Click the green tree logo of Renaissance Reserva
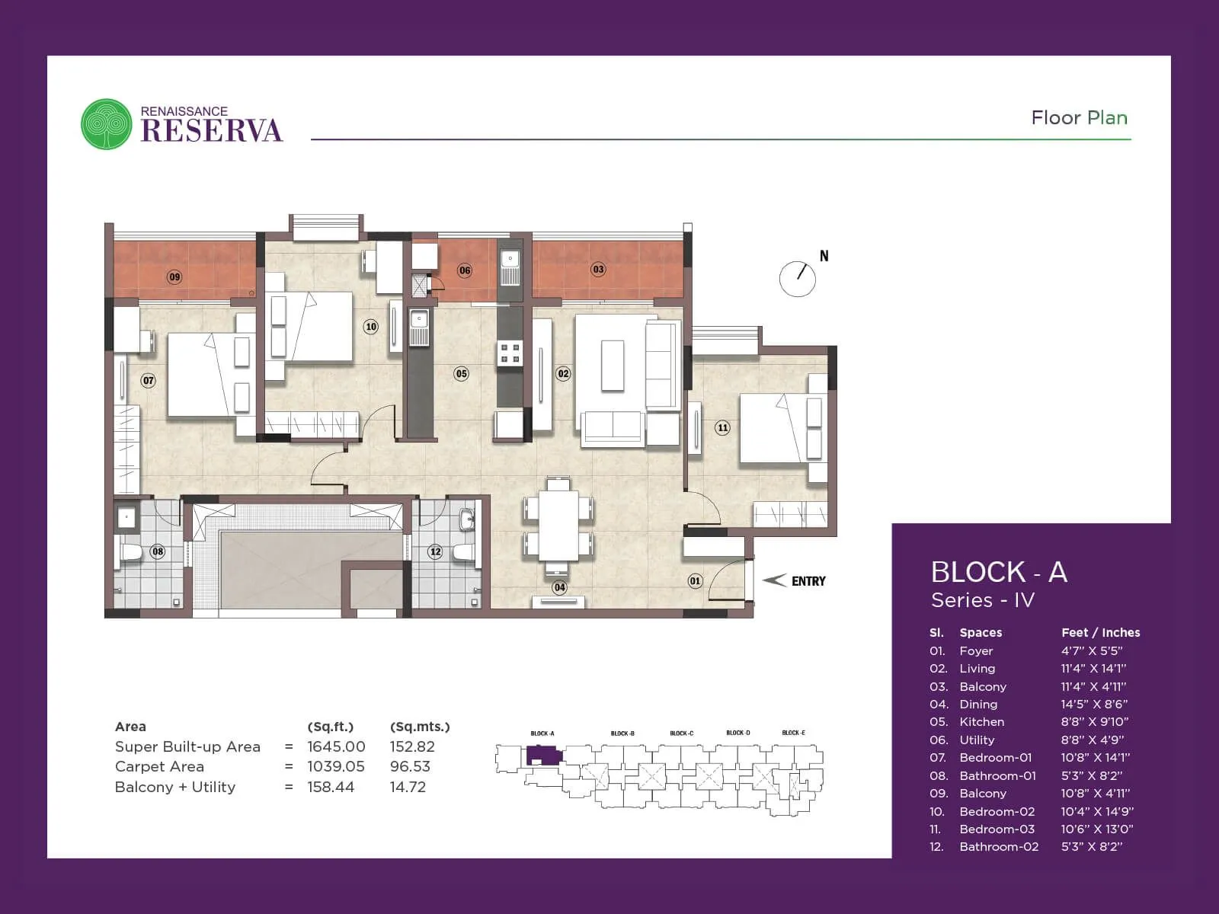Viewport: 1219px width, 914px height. pos(107,124)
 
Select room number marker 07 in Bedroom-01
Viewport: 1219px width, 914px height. pos(149,380)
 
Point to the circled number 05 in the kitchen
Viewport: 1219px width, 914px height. pos(461,373)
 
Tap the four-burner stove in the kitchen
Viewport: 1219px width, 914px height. pos(510,353)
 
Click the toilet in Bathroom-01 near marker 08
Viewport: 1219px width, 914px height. pos(131,551)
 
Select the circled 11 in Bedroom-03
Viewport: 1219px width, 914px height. pos(723,427)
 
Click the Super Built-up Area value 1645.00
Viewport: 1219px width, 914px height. pos(336,747)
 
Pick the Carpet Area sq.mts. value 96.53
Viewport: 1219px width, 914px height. pos(410,767)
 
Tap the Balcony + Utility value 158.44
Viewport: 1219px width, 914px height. pos(331,788)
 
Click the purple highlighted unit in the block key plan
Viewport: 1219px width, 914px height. pos(542,756)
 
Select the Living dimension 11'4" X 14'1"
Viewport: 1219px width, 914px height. pos(1093,669)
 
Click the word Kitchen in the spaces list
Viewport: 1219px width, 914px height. pos(981,722)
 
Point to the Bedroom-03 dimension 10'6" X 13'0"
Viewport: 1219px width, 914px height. pos(1096,829)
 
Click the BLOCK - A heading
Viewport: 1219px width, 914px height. pos(998,572)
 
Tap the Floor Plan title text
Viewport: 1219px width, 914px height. pos(1079,118)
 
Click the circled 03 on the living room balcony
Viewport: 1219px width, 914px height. pos(598,269)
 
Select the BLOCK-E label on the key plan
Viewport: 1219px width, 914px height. pos(793,733)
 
